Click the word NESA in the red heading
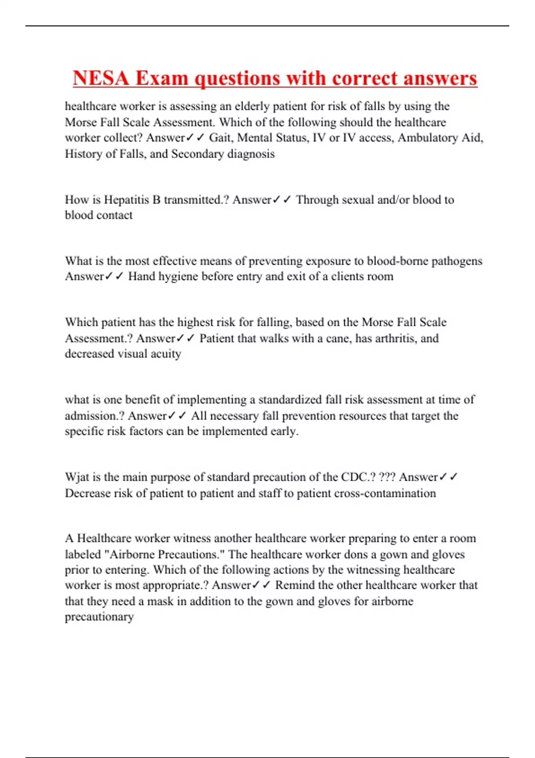(101, 78)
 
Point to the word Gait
(220, 138)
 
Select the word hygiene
(178, 276)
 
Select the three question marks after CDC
(387, 477)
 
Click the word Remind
(296, 585)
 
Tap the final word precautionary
(99, 617)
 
